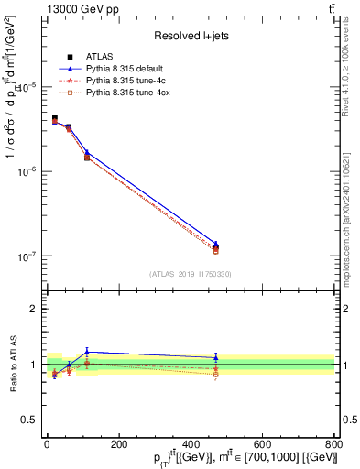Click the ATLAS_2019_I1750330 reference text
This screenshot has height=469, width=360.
point(190,274)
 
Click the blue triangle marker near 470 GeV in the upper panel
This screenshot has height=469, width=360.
point(215,245)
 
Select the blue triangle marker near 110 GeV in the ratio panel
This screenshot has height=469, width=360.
point(87,352)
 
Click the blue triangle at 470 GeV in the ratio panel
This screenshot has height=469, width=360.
point(215,357)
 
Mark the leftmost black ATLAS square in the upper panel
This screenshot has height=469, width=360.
point(55,118)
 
